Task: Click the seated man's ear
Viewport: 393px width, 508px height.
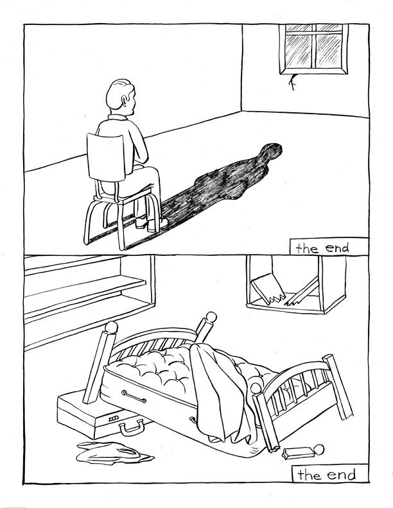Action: coord(124,101)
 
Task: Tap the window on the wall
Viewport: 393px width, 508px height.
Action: coord(313,49)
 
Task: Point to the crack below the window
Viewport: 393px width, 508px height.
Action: coord(292,82)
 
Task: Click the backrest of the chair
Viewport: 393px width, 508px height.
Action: coord(105,157)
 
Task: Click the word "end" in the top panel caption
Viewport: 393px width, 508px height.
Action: coord(337,248)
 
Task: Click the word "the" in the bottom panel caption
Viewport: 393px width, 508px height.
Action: coord(310,475)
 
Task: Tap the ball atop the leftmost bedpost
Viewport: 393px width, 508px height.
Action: coord(111,327)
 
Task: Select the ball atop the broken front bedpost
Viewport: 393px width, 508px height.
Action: coord(256,388)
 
